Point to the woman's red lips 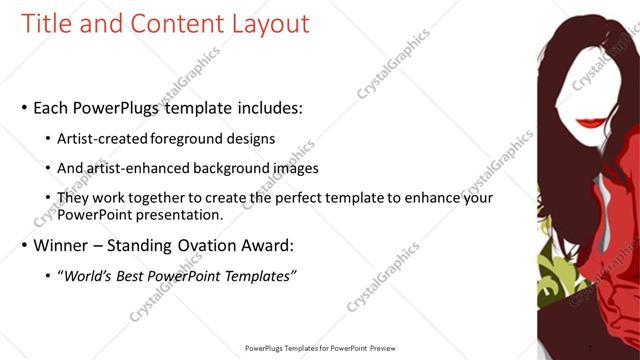595,121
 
